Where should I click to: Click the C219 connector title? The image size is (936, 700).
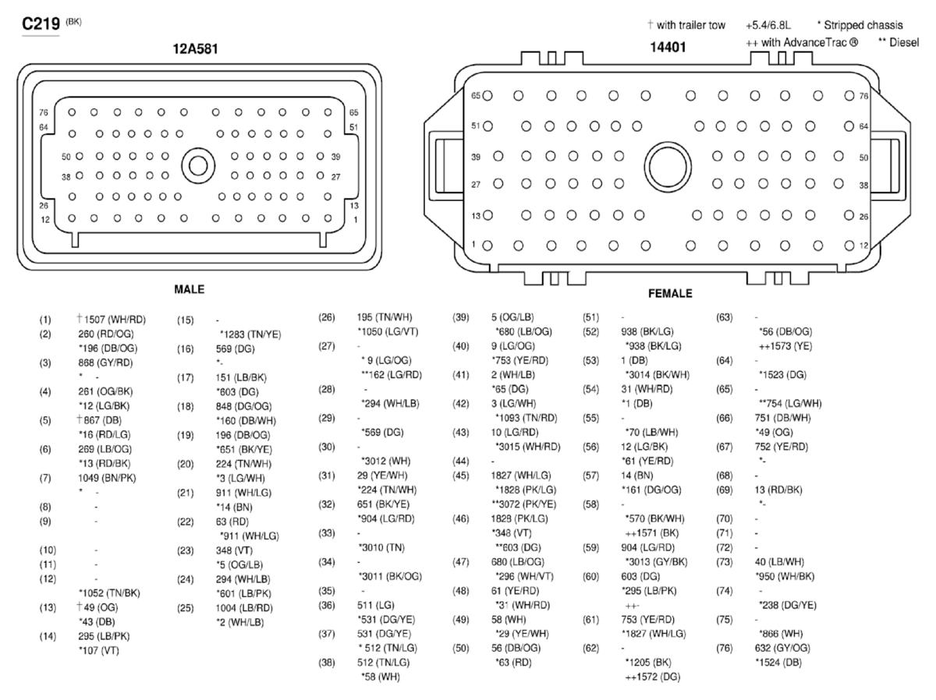[41, 24]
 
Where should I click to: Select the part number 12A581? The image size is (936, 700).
[195, 49]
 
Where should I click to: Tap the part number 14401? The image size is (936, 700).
[668, 47]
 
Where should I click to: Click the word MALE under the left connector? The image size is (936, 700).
[190, 289]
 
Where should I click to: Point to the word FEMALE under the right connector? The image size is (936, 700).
[670, 293]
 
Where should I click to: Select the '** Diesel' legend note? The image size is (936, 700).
[899, 43]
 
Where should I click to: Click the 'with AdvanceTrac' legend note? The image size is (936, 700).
[802, 43]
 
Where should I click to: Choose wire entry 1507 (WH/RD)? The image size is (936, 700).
[115, 320]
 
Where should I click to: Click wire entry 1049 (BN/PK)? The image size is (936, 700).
[107, 478]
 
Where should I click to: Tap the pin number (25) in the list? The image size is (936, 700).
[186, 608]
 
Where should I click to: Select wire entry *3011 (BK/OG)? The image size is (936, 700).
[391, 576]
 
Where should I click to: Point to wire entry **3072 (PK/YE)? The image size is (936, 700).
[524, 504]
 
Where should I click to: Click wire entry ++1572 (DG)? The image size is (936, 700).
[652, 677]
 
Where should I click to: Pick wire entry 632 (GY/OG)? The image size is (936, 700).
[782, 648]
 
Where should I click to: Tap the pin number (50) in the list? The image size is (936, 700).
[461, 649]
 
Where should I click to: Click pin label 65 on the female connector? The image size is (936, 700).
[476, 95]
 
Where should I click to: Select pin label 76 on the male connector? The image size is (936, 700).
[44, 112]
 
